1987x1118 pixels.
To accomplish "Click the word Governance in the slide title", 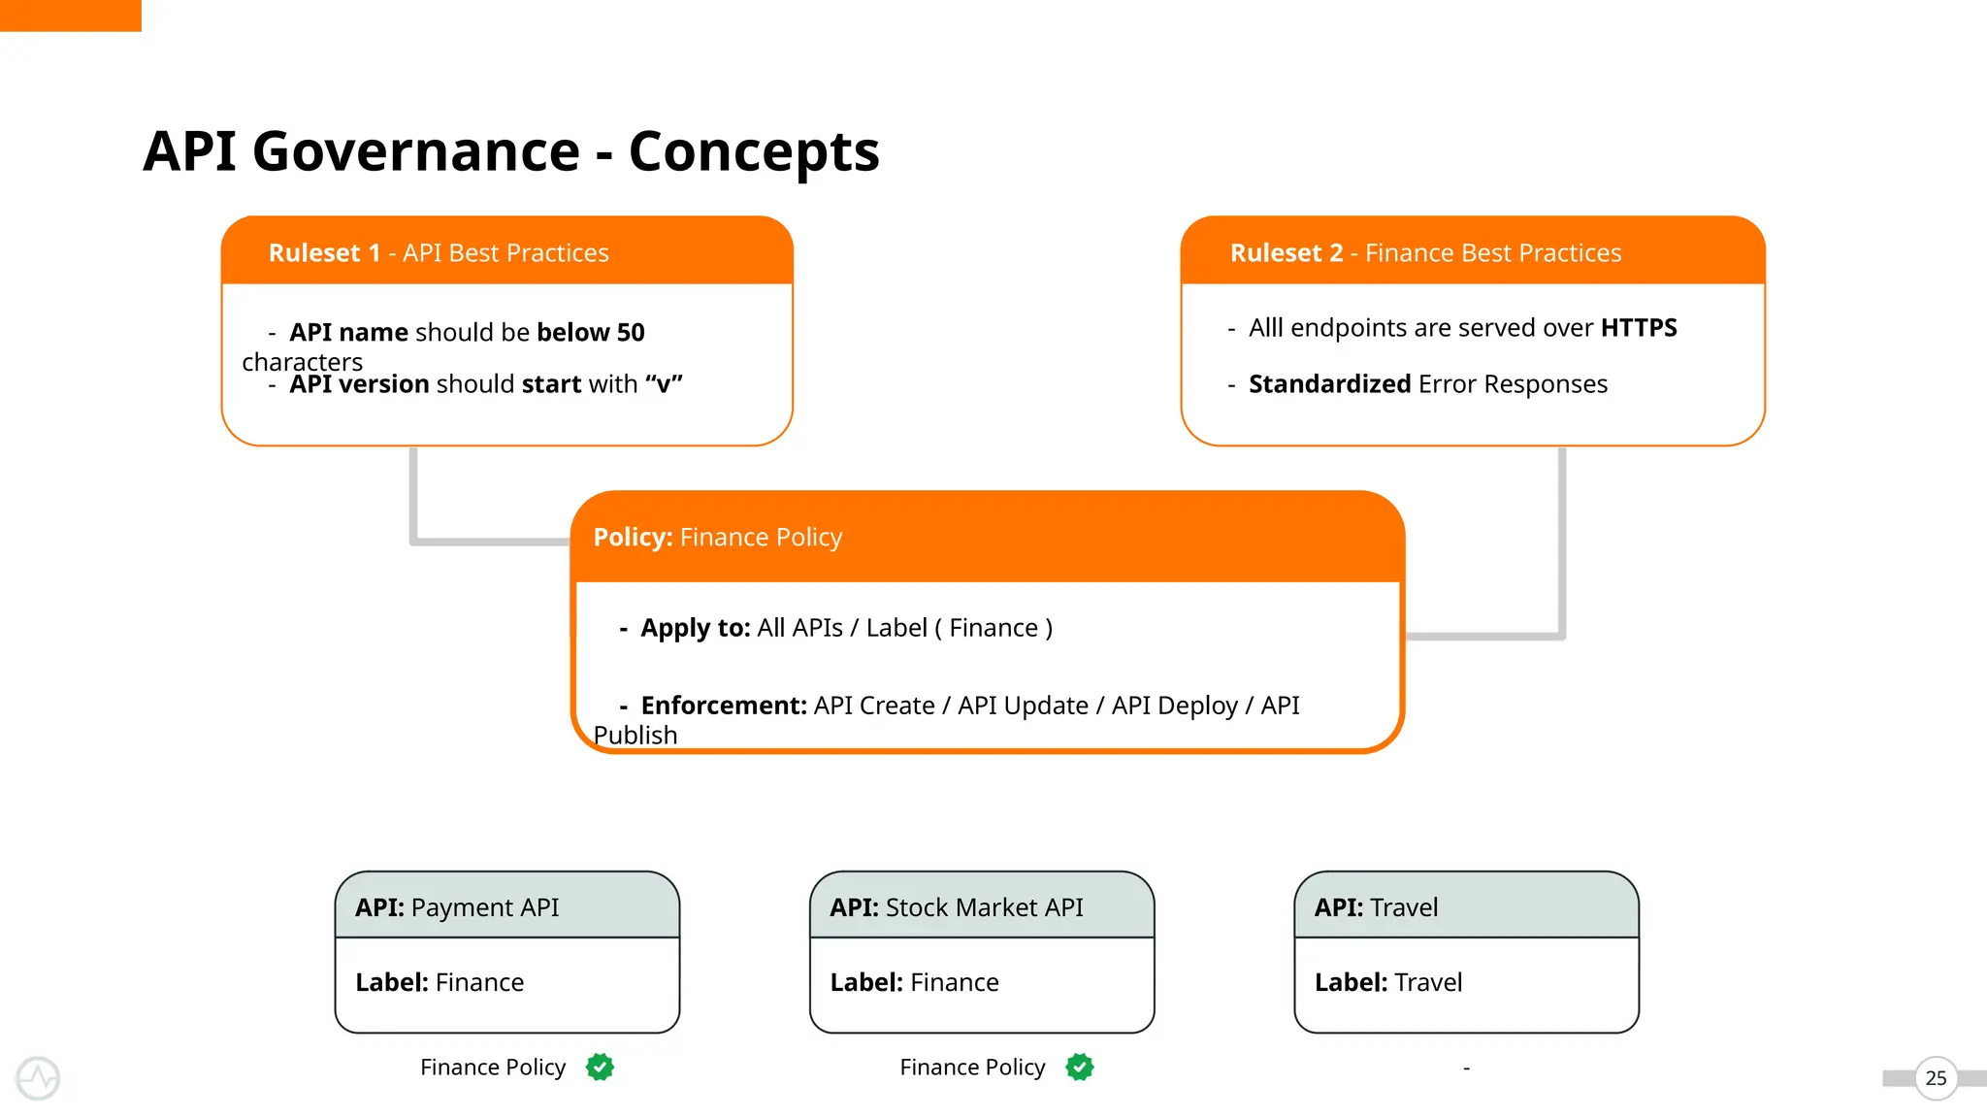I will pyautogui.click(x=415, y=152).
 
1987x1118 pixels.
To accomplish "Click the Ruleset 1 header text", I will pyautogui.click(x=439, y=253).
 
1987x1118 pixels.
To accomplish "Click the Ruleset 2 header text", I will pyautogui.click(x=1425, y=253).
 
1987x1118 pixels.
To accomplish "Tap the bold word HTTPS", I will pyautogui.click(x=1638, y=328).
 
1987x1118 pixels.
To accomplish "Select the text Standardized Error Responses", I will pyautogui.click(x=1427, y=384).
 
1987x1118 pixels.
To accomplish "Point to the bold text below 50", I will pyautogui.click(x=590, y=333).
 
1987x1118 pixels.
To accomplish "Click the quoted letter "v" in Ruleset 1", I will pyautogui.click(x=664, y=384).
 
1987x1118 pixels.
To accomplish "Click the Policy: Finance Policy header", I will pyautogui.click(x=717, y=538).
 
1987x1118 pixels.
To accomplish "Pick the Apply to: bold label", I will pyautogui.click(x=695, y=628).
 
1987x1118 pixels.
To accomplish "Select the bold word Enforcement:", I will pyautogui.click(x=723, y=706).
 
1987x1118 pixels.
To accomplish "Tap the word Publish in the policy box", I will pyautogui.click(x=635, y=736).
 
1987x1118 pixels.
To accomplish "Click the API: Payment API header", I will pyautogui.click(x=457, y=907).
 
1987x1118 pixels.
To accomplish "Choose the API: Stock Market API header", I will pyautogui.click(x=956, y=907).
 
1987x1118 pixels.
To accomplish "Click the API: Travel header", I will pyautogui.click(x=1376, y=907).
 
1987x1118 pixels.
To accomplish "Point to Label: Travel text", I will pyautogui.click(x=1387, y=982).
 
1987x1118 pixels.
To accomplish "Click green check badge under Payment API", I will pyautogui.click(x=600, y=1068).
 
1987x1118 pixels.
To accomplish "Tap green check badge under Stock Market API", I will pyautogui.click(x=1079, y=1068).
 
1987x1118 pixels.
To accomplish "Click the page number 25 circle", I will pyautogui.click(x=1936, y=1078).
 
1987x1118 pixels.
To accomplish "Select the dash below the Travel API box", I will pyautogui.click(x=1466, y=1069).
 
